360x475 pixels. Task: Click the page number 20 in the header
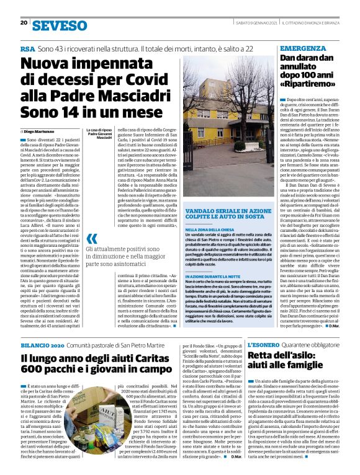(23, 23)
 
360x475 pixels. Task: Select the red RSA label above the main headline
(27, 48)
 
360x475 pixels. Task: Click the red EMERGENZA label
(303, 48)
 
